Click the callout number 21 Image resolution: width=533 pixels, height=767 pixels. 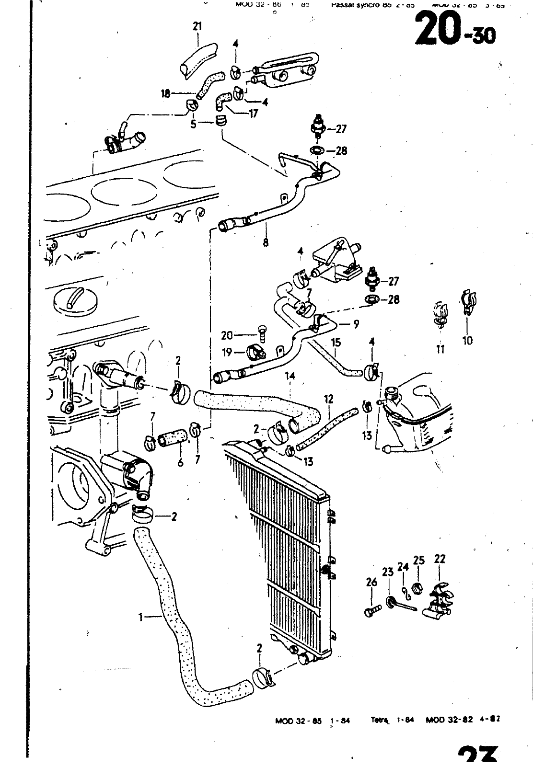(197, 27)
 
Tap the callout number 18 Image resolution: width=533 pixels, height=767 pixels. (165, 94)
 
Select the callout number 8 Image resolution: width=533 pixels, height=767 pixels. (266, 242)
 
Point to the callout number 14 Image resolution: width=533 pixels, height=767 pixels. (290, 376)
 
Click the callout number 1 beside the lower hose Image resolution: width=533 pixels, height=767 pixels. (141, 618)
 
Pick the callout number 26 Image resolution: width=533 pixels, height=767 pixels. (371, 583)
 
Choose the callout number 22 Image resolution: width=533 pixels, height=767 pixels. (440, 559)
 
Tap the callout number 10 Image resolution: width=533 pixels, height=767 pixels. (467, 340)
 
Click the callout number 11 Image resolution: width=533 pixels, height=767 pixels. (440, 349)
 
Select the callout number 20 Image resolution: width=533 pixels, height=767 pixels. (226, 336)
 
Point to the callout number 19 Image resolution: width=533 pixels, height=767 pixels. (226, 353)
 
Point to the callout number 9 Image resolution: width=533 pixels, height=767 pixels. (356, 324)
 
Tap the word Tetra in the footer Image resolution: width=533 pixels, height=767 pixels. (379, 719)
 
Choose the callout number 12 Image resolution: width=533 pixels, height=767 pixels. (328, 399)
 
